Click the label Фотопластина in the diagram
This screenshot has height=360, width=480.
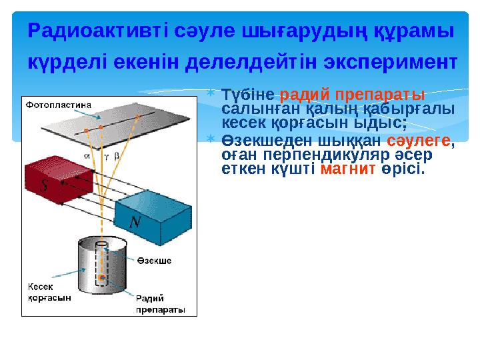(x=59, y=105)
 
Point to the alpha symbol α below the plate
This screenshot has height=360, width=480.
(x=87, y=153)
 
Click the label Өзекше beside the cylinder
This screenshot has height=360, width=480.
(x=154, y=261)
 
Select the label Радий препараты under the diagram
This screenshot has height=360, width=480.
(x=160, y=304)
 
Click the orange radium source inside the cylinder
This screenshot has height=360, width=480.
(x=101, y=276)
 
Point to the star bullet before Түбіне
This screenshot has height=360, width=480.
(x=210, y=93)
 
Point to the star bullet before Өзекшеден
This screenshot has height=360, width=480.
(x=210, y=139)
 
